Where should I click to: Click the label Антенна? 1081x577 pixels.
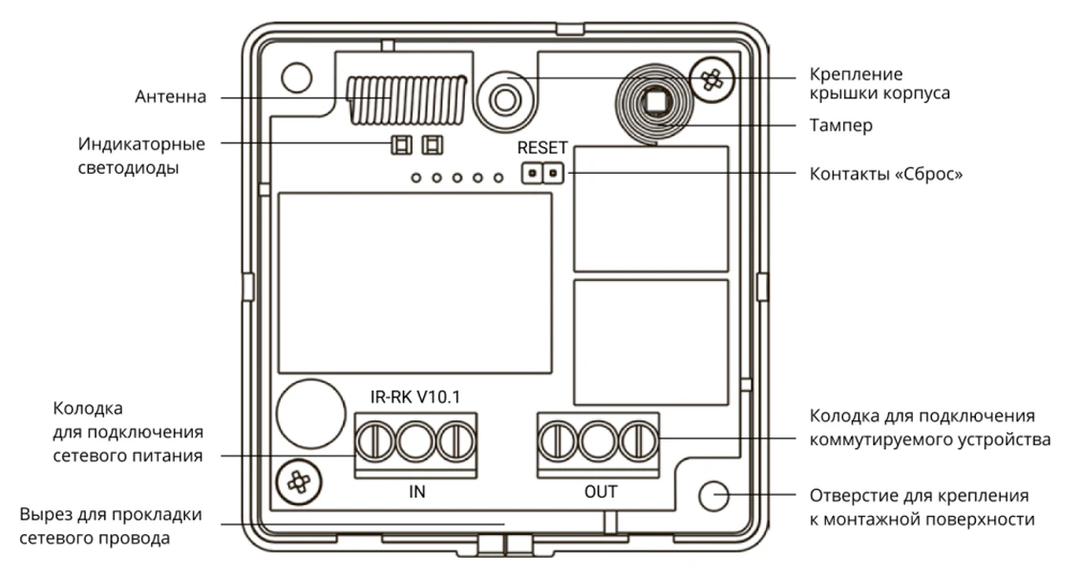169,97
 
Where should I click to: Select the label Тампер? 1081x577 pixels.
840,125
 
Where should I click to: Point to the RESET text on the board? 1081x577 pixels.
542,148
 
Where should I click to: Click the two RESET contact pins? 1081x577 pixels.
542,174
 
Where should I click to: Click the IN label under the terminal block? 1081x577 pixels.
416,493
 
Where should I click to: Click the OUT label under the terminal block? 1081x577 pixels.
601,493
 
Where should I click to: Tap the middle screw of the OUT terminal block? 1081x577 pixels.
598,441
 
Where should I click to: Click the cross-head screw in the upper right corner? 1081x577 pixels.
711,80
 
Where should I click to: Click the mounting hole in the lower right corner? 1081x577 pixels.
714,495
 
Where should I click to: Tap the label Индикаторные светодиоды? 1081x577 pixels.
141,155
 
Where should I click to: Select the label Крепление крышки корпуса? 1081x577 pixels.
879,84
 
